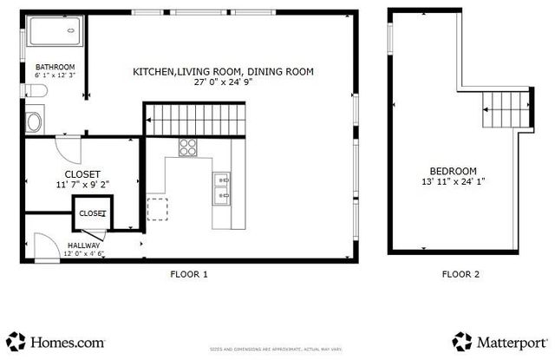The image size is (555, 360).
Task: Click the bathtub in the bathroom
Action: [53, 34]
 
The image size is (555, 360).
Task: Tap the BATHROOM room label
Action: [55, 68]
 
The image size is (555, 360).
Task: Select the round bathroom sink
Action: [35, 121]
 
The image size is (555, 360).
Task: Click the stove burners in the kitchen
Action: [188, 147]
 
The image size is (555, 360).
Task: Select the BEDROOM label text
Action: [452, 171]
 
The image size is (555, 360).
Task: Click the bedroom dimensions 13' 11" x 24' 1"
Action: [452, 182]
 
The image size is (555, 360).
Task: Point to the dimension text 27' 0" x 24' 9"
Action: [223, 84]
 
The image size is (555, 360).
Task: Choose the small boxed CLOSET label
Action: [91, 213]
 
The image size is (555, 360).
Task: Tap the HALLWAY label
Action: [85, 245]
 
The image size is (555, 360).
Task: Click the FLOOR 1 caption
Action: [188, 274]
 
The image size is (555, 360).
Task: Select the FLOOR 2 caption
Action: [460, 274]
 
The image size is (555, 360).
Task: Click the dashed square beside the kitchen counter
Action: [158, 209]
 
